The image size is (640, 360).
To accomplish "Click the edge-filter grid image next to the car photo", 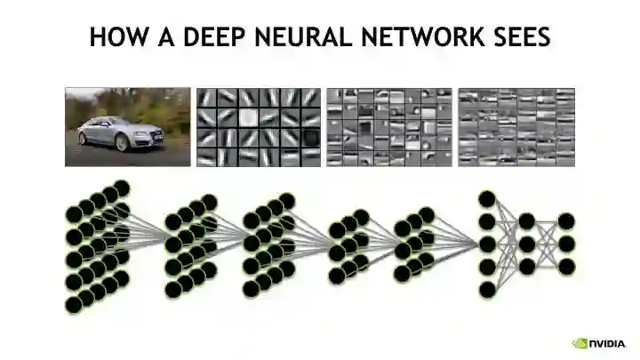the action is [258, 126].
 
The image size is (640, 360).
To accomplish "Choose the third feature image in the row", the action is [388, 126].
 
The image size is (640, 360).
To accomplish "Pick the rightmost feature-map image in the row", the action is [516, 126].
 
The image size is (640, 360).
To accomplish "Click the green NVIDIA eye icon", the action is [579, 342].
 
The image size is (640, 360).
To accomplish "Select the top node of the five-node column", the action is [486, 198].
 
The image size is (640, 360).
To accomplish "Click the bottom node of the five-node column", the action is [486, 289].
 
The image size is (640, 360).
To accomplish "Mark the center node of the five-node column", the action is [486, 244].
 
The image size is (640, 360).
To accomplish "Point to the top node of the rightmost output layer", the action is [566, 220].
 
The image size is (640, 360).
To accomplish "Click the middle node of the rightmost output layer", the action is [566, 244].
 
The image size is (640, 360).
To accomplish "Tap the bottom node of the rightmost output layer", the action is [566, 266].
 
